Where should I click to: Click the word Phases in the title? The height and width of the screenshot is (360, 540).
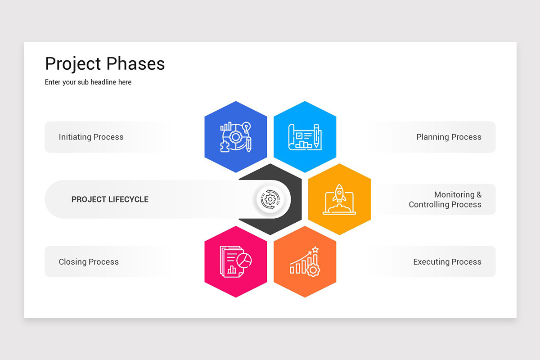point(135,64)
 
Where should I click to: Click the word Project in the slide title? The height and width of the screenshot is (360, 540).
point(72,64)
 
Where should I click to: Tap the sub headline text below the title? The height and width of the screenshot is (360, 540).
point(88,82)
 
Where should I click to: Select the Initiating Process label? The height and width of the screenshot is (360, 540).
point(91,137)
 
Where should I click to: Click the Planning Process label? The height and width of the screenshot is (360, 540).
point(449,137)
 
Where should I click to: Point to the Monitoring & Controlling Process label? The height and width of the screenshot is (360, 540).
point(445,199)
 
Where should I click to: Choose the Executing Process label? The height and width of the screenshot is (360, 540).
point(447,262)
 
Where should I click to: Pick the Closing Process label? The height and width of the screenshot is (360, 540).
point(89,262)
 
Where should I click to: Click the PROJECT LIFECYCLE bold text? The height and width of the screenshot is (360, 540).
point(110,199)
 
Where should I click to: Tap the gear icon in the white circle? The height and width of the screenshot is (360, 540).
point(270,199)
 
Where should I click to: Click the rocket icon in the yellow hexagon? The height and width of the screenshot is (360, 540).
point(339,193)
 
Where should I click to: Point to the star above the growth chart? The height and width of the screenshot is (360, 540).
point(315,249)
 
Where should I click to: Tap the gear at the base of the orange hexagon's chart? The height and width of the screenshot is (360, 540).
point(313,270)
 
